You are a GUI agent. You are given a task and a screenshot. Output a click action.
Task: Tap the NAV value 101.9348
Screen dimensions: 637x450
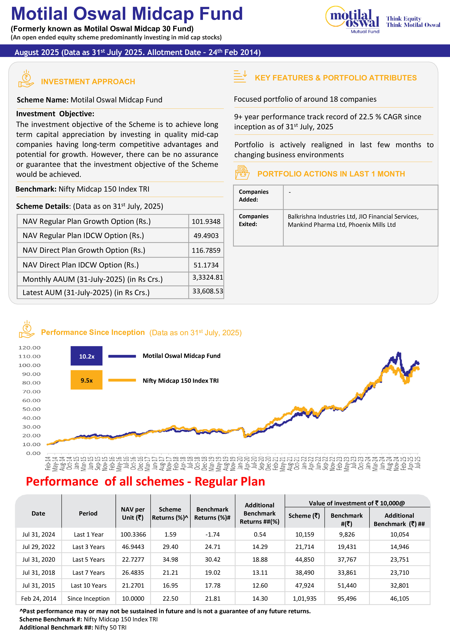click(x=206, y=221)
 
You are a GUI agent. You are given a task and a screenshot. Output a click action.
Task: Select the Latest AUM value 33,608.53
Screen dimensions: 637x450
click(x=207, y=291)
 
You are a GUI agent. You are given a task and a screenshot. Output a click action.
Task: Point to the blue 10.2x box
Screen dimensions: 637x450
click(x=87, y=356)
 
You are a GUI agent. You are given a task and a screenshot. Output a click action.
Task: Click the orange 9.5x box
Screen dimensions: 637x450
click(x=87, y=380)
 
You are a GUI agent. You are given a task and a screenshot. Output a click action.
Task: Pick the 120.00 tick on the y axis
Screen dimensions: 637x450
click(x=29, y=348)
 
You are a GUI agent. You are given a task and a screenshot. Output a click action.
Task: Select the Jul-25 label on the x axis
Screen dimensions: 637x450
click(x=418, y=463)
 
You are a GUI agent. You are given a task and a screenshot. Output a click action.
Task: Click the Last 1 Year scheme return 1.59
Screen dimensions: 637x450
click(x=170, y=534)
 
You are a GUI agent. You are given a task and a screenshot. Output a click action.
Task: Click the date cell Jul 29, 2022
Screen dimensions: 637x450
click(x=38, y=547)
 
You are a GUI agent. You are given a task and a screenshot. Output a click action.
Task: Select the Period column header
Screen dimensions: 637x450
click(x=88, y=513)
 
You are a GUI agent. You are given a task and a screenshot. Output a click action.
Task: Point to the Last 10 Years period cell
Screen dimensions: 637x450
click(x=88, y=585)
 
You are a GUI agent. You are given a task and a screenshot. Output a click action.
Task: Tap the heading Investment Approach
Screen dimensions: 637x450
click(x=88, y=82)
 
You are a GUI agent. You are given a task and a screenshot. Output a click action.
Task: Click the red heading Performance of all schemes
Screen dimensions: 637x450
click(x=145, y=481)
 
